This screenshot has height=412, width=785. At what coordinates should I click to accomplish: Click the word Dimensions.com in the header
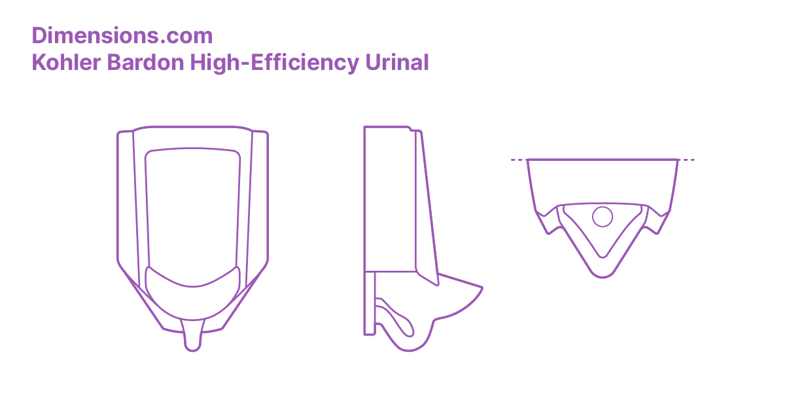pyautogui.click(x=122, y=35)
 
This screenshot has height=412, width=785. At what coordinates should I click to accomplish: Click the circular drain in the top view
pyautogui.click(x=602, y=216)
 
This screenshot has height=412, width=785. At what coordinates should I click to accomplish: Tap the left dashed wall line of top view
pyautogui.click(x=518, y=160)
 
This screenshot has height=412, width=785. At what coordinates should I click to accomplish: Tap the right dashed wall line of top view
pyautogui.click(x=686, y=160)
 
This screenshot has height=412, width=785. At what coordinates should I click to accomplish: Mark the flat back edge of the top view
pyautogui.click(x=602, y=160)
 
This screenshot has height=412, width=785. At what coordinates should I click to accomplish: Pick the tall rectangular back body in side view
pyautogui.click(x=389, y=196)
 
